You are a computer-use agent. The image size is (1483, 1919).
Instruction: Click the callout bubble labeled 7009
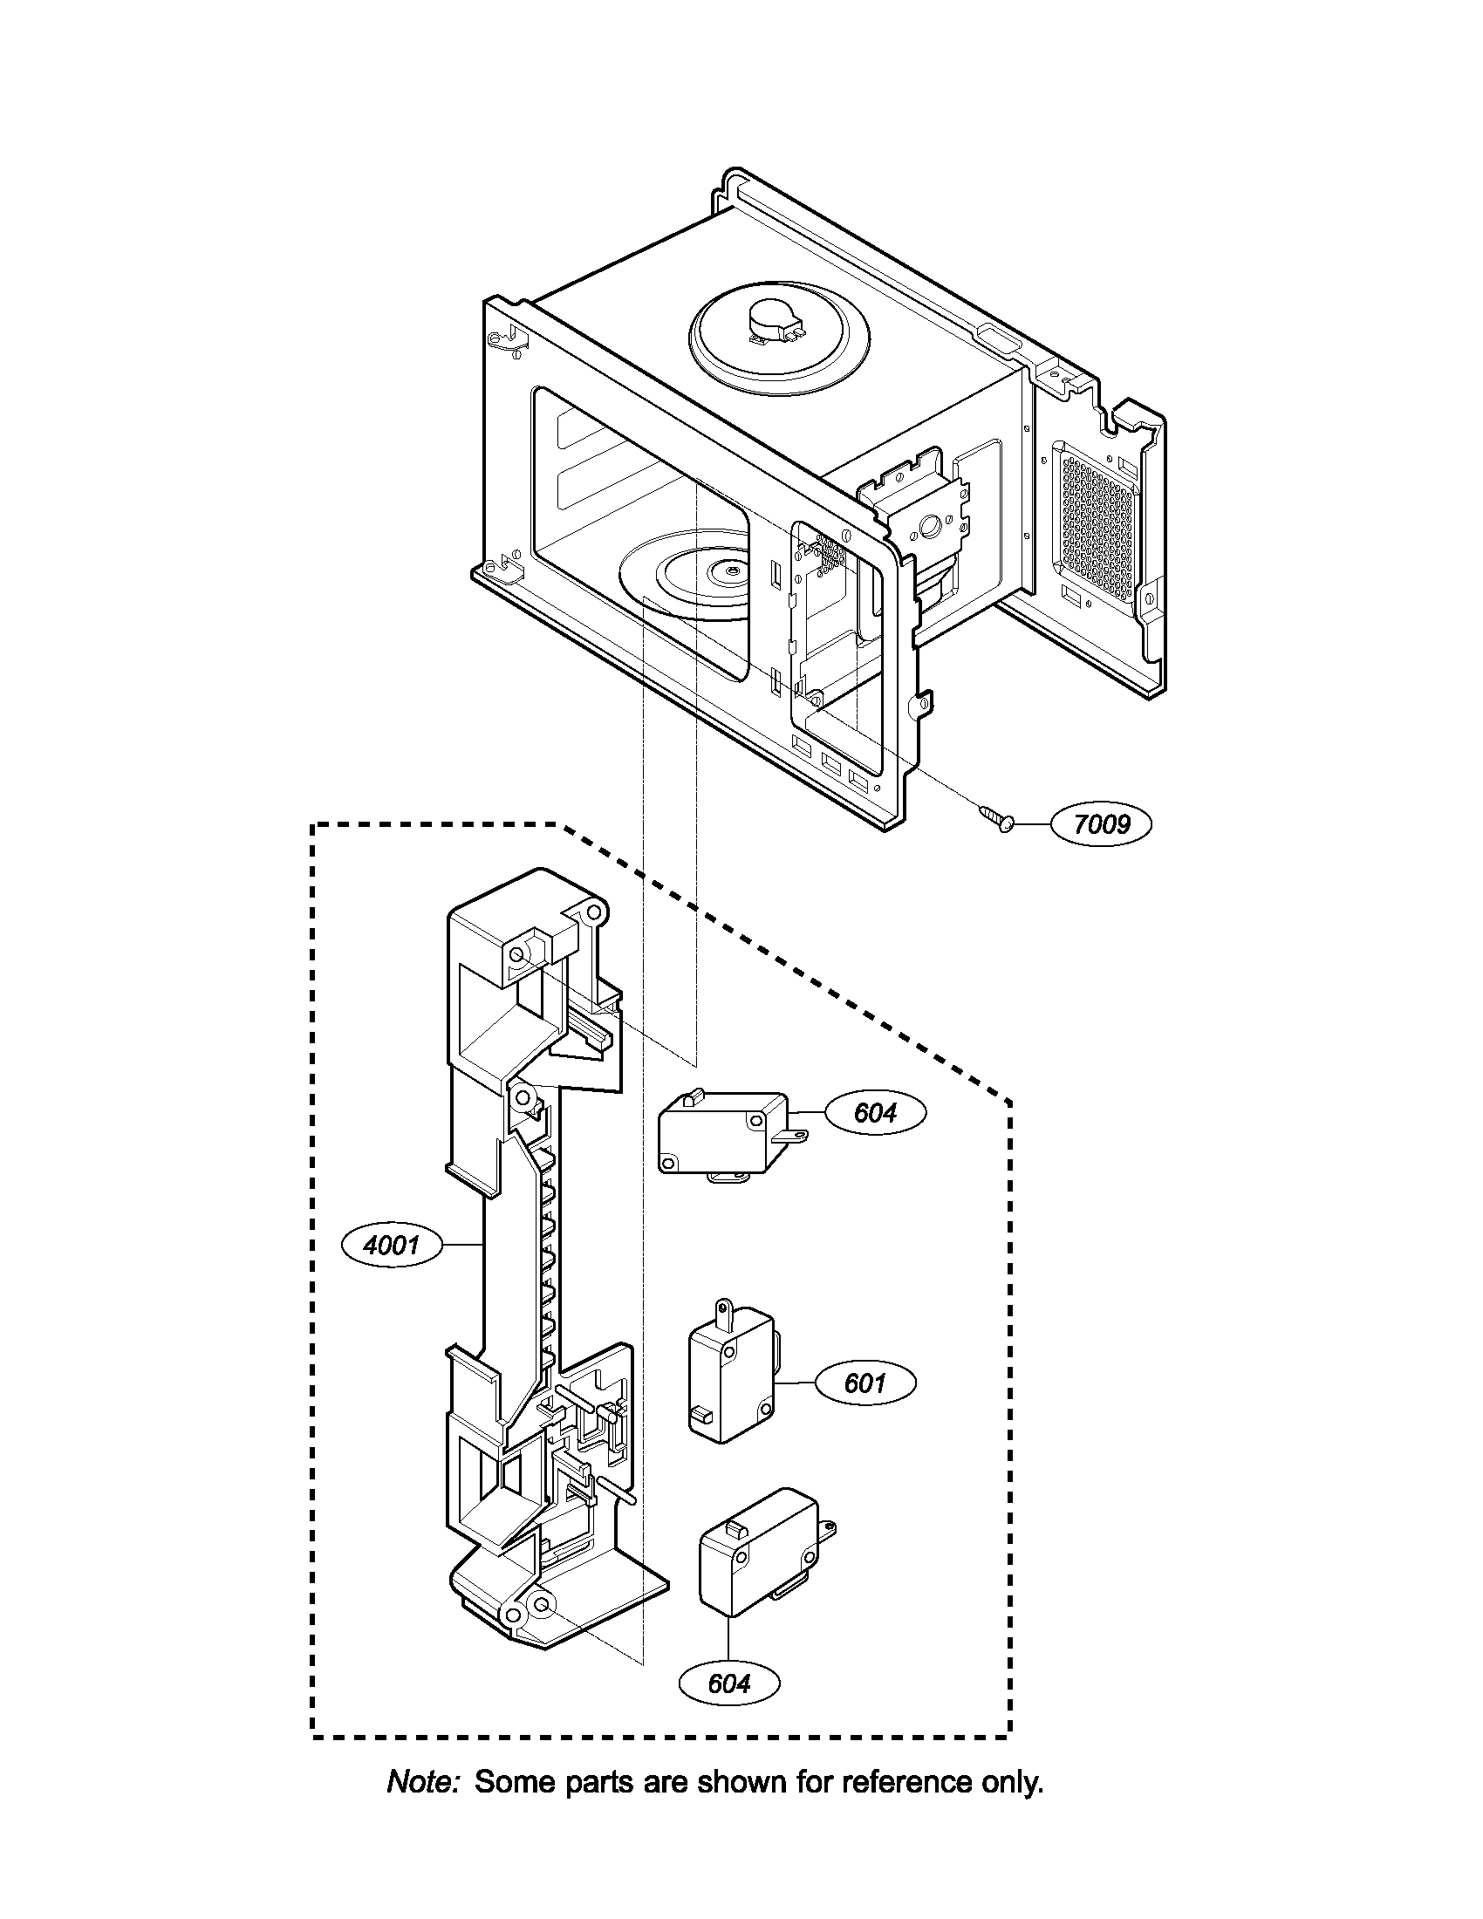coord(1102,824)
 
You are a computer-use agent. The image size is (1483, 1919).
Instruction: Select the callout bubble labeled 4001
coord(392,1244)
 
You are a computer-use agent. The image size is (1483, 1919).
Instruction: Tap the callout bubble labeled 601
coord(865,1383)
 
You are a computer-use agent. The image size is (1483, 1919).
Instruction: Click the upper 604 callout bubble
coord(875,1112)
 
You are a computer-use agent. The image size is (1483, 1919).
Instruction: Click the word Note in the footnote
coord(423,1782)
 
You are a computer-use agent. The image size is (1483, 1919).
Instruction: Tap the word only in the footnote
coord(1012,1782)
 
